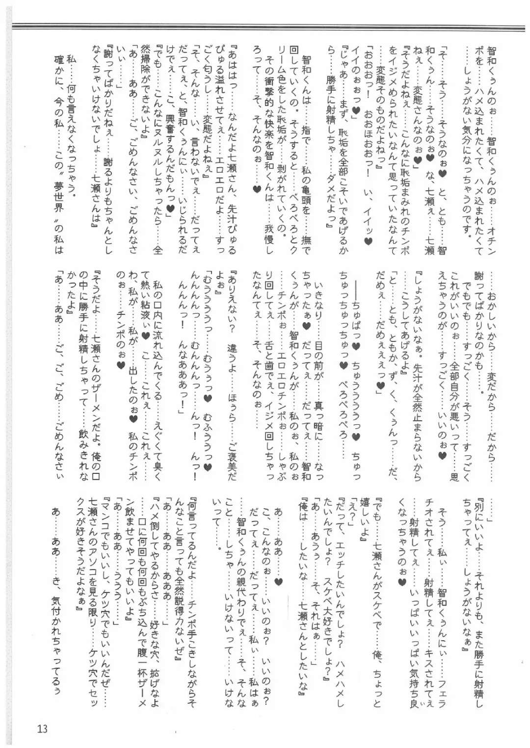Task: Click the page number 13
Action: click(x=42, y=728)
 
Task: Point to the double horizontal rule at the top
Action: click(x=265, y=26)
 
